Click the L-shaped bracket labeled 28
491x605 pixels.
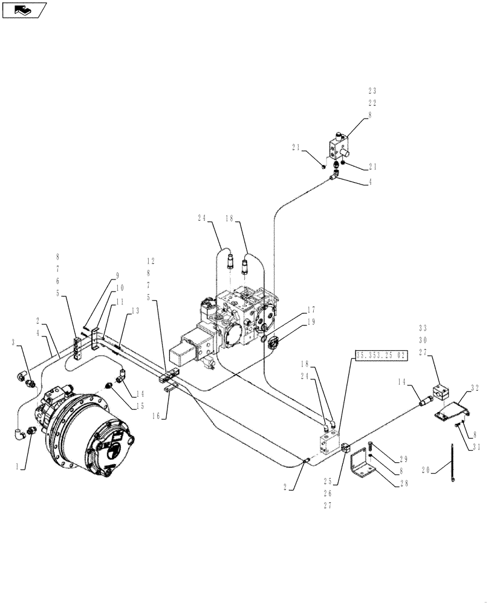click(x=362, y=464)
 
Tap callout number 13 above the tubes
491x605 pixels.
click(x=134, y=310)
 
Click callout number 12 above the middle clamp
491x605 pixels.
click(x=151, y=261)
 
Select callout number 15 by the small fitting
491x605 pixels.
click(x=140, y=405)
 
